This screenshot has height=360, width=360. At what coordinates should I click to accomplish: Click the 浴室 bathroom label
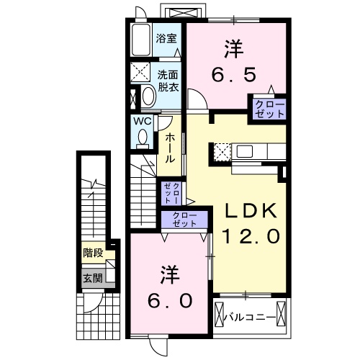(x=167, y=38)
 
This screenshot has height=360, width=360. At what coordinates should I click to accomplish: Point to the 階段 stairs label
(x=92, y=253)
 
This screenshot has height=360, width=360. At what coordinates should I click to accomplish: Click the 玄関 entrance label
(x=92, y=277)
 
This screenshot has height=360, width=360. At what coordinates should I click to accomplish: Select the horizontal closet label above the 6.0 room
(x=186, y=220)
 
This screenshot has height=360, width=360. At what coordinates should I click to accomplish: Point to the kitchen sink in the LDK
(x=243, y=152)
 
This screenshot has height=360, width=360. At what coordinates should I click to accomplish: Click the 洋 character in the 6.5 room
(x=232, y=49)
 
